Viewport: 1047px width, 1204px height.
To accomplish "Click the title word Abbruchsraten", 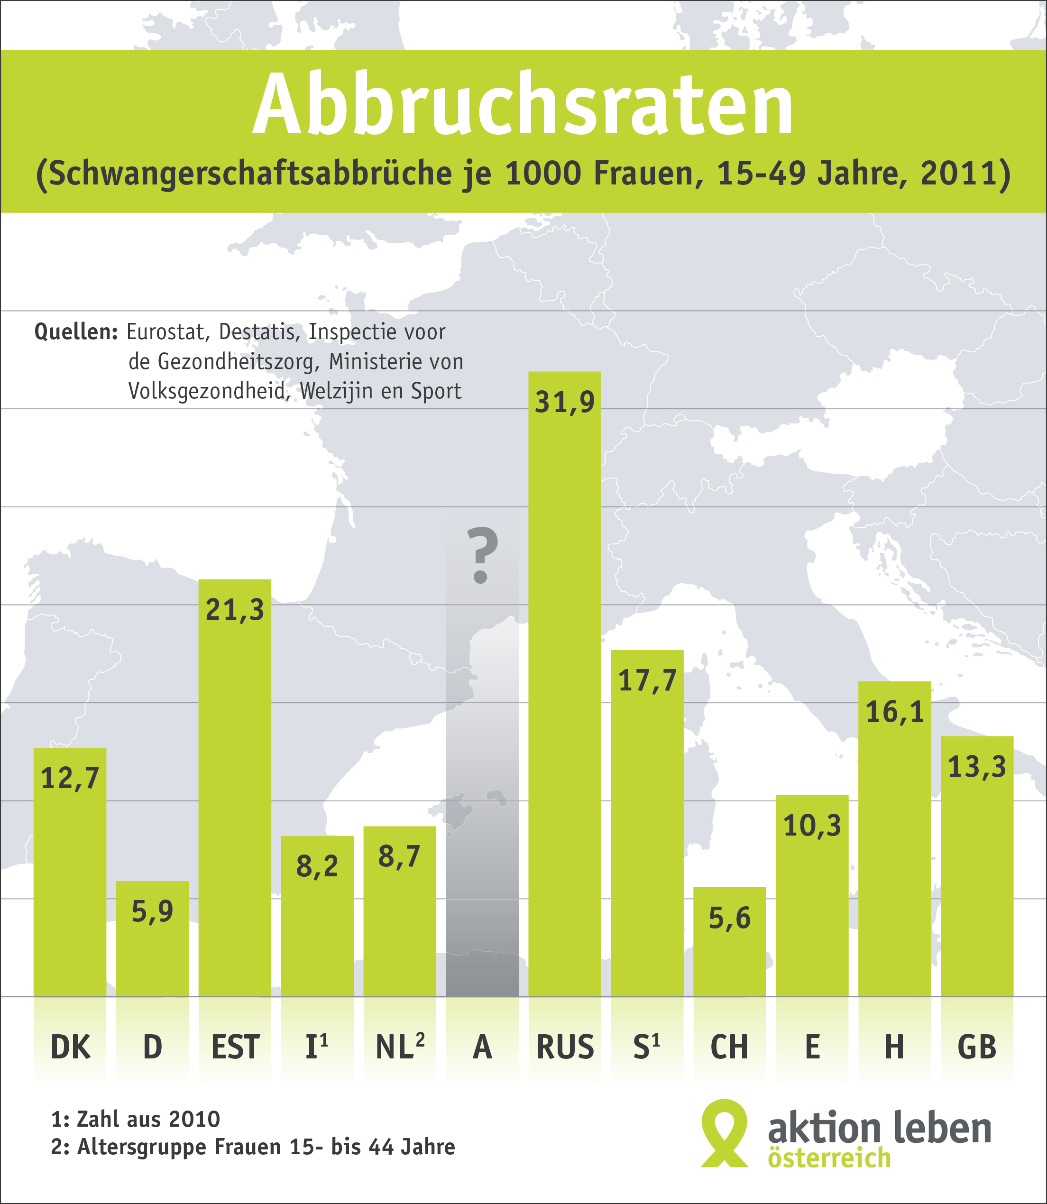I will click(x=523, y=105).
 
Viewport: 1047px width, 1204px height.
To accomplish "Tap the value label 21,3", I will click(x=235, y=610).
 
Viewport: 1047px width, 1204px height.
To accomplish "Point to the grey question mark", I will click(x=482, y=555).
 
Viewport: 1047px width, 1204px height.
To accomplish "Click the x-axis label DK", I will click(x=70, y=1047).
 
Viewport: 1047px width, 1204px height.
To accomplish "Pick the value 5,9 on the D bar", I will click(x=153, y=911).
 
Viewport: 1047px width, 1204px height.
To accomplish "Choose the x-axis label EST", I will click(x=235, y=1047).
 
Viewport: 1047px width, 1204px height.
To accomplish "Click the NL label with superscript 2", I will click(x=400, y=1047).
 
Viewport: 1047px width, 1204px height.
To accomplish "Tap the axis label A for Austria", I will click(x=482, y=1047).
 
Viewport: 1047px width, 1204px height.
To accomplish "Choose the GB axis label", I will click(x=977, y=1047).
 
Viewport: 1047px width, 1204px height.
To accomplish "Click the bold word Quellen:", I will click(x=76, y=332).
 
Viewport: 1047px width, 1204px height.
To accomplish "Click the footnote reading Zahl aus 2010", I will click(x=148, y=1119).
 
